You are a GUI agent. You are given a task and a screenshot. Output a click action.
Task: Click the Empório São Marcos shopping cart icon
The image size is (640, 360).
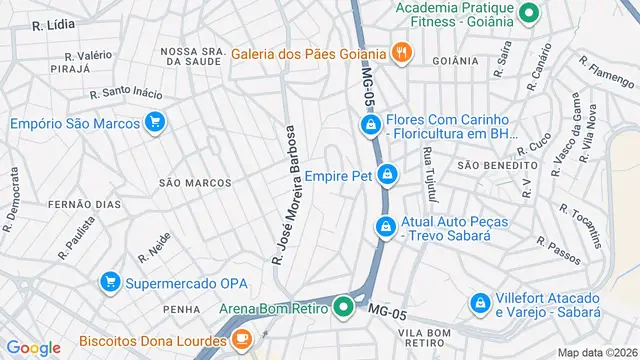click(x=154, y=123)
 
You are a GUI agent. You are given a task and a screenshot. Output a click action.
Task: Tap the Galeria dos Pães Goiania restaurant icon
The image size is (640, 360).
click(x=401, y=53)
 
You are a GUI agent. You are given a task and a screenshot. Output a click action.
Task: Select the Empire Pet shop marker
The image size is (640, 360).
click(x=388, y=176)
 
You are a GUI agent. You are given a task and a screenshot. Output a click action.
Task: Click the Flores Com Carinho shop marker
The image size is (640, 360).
click(x=370, y=124)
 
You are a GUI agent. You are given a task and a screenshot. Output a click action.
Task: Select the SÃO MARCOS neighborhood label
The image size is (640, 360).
click(x=195, y=183)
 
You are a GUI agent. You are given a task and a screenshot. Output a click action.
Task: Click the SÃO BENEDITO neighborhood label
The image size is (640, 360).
click(x=491, y=164)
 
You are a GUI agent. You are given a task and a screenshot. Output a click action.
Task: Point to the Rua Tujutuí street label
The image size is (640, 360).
click(x=429, y=169)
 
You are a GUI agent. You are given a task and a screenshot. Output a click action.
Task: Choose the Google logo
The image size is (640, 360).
click(x=34, y=347)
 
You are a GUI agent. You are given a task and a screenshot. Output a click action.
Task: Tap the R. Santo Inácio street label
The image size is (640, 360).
click(x=125, y=93)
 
